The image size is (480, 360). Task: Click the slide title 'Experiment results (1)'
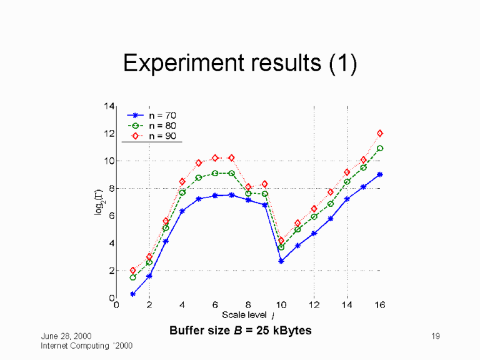240,64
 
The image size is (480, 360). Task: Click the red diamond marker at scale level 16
379,133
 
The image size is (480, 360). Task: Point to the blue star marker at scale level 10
281,261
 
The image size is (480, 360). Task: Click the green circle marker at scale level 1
132,277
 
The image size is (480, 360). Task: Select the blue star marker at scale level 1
132,294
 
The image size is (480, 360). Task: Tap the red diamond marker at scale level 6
215,158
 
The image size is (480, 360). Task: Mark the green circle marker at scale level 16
379,149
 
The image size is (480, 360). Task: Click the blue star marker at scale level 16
379,174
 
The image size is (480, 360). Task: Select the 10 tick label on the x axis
281,306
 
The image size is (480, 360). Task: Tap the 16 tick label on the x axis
379,306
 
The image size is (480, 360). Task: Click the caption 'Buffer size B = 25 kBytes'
240,329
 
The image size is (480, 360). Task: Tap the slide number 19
436,337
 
